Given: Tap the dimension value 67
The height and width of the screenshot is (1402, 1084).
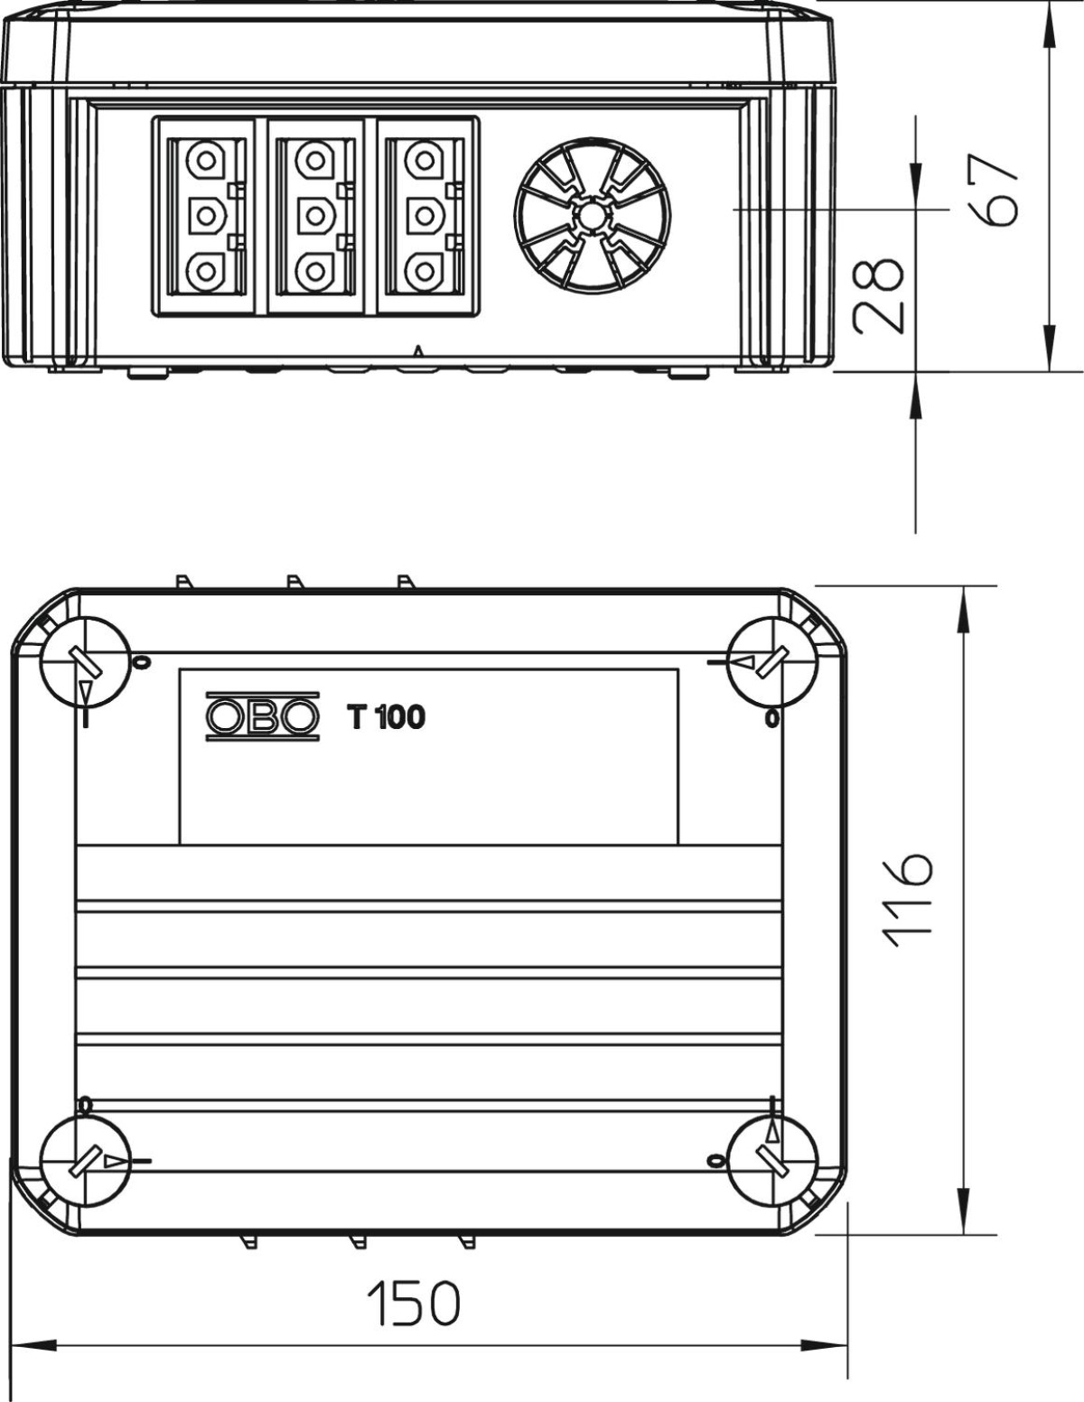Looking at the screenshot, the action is [x=994, y=190].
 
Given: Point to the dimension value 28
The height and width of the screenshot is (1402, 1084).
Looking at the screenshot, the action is [x=878, y=296].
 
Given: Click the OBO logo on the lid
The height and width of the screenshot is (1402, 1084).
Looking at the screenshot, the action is [x=263, y=716].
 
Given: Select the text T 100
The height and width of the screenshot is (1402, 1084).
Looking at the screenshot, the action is [x=387, y=716].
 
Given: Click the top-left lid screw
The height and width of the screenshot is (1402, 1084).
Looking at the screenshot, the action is [x=85, y=662].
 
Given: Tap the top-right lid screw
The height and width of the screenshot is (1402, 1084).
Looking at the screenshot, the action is [x=771, y=662].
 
